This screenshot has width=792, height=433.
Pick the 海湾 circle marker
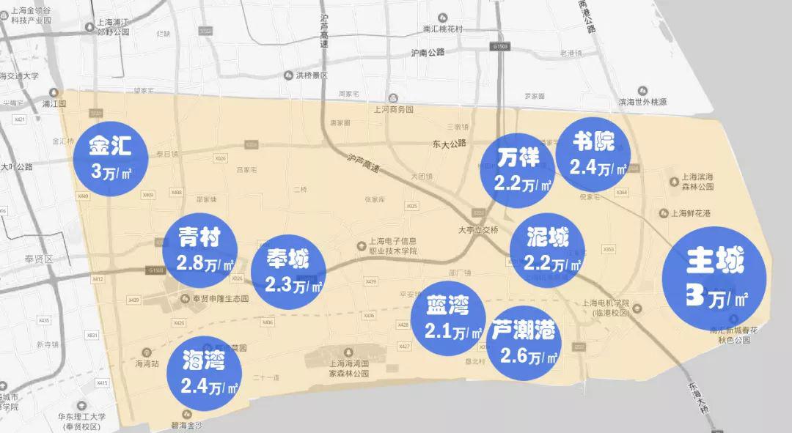[x=204, y=371]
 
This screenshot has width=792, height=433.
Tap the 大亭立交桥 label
[x=478, y=229]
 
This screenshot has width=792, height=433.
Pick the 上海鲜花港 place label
[x=692, y=213]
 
